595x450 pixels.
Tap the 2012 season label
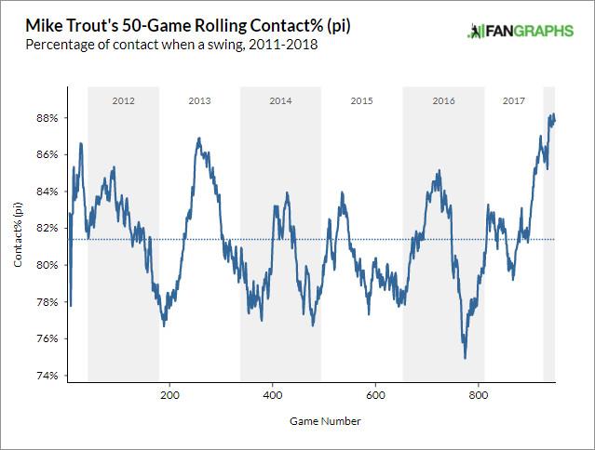coord(123,99)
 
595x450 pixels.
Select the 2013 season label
coord(199,99)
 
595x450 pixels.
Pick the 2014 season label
coord(280,99)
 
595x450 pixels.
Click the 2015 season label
coord(361,99)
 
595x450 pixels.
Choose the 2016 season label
coord(443,99)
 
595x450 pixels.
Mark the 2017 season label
coord(513,99)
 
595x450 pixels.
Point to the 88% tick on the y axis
coord(48,118)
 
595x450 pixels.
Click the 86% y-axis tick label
coord(48,154)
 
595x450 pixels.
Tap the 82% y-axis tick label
coord(48,228)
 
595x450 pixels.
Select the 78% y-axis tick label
coord(48,301)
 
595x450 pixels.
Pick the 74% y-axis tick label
coord(48,376)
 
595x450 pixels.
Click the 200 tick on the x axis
coord(169,395)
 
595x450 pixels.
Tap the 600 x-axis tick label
coord(375,395)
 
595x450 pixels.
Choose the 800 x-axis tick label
coord(479,395)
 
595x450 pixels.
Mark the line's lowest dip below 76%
coord(465,357)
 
